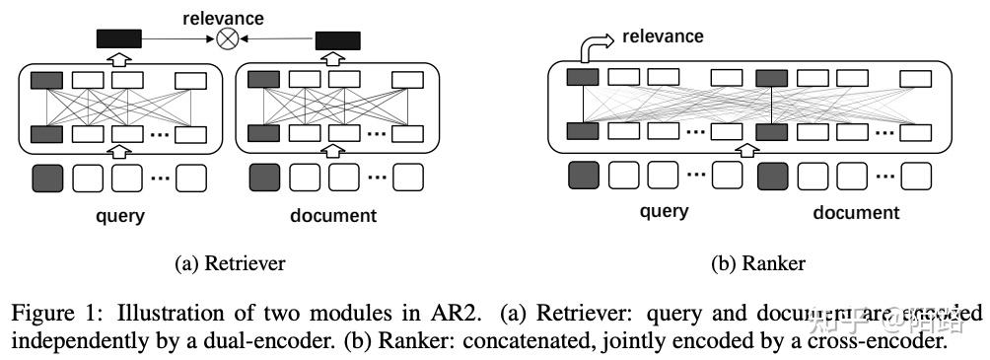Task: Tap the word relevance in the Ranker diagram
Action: pos(664,36)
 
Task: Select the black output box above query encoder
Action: pos(119,39)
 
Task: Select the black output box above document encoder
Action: pos(337,39)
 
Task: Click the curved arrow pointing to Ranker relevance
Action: pos(593,47)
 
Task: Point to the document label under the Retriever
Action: pos(334,215)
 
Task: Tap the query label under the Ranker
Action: pos(664,212)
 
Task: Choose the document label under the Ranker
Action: pos(856,212)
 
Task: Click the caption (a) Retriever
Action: pos(230,263)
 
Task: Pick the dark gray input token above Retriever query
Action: pos(47,178)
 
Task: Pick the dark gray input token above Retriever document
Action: pos(264,178)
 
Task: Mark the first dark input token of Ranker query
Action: pos(584,176)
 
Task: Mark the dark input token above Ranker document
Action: pos(773,176)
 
